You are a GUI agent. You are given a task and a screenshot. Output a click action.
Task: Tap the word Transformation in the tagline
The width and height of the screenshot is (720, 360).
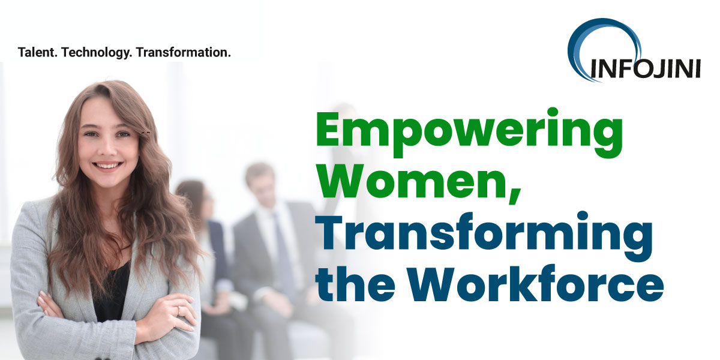point(184,52)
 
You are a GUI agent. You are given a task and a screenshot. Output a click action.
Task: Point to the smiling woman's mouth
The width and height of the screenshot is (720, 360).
point(108,165)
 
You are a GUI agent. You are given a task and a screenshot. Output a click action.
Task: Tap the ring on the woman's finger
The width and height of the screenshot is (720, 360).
point(178,310)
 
